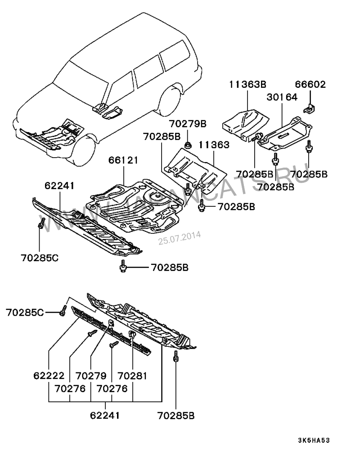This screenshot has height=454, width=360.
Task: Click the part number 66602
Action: point(310,84)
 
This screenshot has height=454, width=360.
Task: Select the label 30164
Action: point(282,97)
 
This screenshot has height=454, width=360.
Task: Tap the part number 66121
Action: point(124,160)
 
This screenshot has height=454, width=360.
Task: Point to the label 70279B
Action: point(188,124)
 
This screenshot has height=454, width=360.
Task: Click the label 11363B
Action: point(247,84)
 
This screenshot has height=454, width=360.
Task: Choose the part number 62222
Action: point(49,376)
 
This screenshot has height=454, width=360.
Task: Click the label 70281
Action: point(132,376)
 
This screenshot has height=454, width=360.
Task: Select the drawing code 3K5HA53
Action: point(314,440)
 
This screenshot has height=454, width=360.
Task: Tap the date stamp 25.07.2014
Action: point(180,238)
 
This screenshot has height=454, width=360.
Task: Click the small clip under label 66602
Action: point(309,109)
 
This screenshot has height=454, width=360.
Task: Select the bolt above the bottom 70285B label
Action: point(175,356)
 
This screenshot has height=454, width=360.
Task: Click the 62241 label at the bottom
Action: point(105,415)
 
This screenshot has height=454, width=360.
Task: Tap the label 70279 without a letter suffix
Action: point(91,376)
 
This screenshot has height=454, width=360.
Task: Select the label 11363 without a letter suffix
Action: point(214,145)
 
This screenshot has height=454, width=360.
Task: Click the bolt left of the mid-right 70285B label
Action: point(202,207)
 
